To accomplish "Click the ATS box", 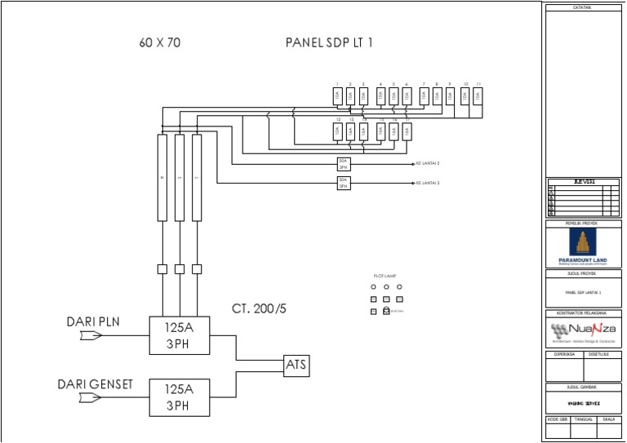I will [x=296, y=365].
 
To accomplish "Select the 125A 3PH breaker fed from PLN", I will [x=179, y=334].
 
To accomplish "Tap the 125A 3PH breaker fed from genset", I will [x=179, y=397].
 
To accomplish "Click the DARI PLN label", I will [x=93, y=321].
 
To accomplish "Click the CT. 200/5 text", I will [x=259, y=308].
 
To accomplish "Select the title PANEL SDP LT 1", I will [x=329, y=42].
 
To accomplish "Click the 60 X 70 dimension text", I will [x=159, y=42].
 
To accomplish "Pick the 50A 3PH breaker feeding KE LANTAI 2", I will [x=344, y=163].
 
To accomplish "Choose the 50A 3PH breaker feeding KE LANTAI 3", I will [x=344, y=183].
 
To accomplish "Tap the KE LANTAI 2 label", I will [x=428, y=163].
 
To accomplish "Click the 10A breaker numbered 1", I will [x=336, y=96].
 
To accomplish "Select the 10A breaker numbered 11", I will [x=478, y=96].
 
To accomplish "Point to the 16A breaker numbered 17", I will [x=407, y=131].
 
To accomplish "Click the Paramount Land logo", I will [x=583, y=246].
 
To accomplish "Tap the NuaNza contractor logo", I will [x=583, y=330].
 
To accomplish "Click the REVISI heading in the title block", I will [x=583, y=181].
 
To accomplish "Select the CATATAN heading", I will [x=583, y=7].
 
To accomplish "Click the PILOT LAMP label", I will [x=384, y=277].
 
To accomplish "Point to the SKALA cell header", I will [x=608, y=419].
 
